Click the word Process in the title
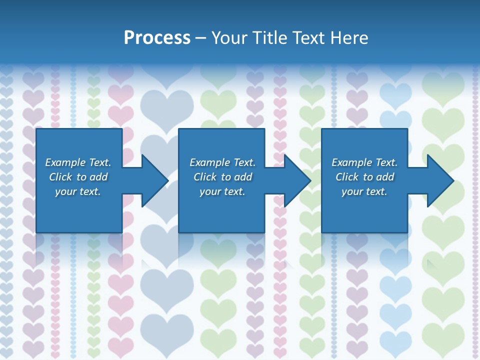[x=157, y=38]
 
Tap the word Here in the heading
[x=348, y=38]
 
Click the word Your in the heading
[x=229, y=38]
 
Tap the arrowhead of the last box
[x=439, y=181]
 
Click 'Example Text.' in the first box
[x=78, y=162]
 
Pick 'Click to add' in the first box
[x=78, y=177]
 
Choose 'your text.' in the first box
[x=78, y=191]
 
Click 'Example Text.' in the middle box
[x=222, y=162]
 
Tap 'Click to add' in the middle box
[x=222, y=177]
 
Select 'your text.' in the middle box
[x=222, y=191]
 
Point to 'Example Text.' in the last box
[x=364, y=162]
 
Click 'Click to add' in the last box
[x=364, y=177]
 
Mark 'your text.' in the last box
[x=364, y=191]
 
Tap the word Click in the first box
[x=60, y=177]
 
